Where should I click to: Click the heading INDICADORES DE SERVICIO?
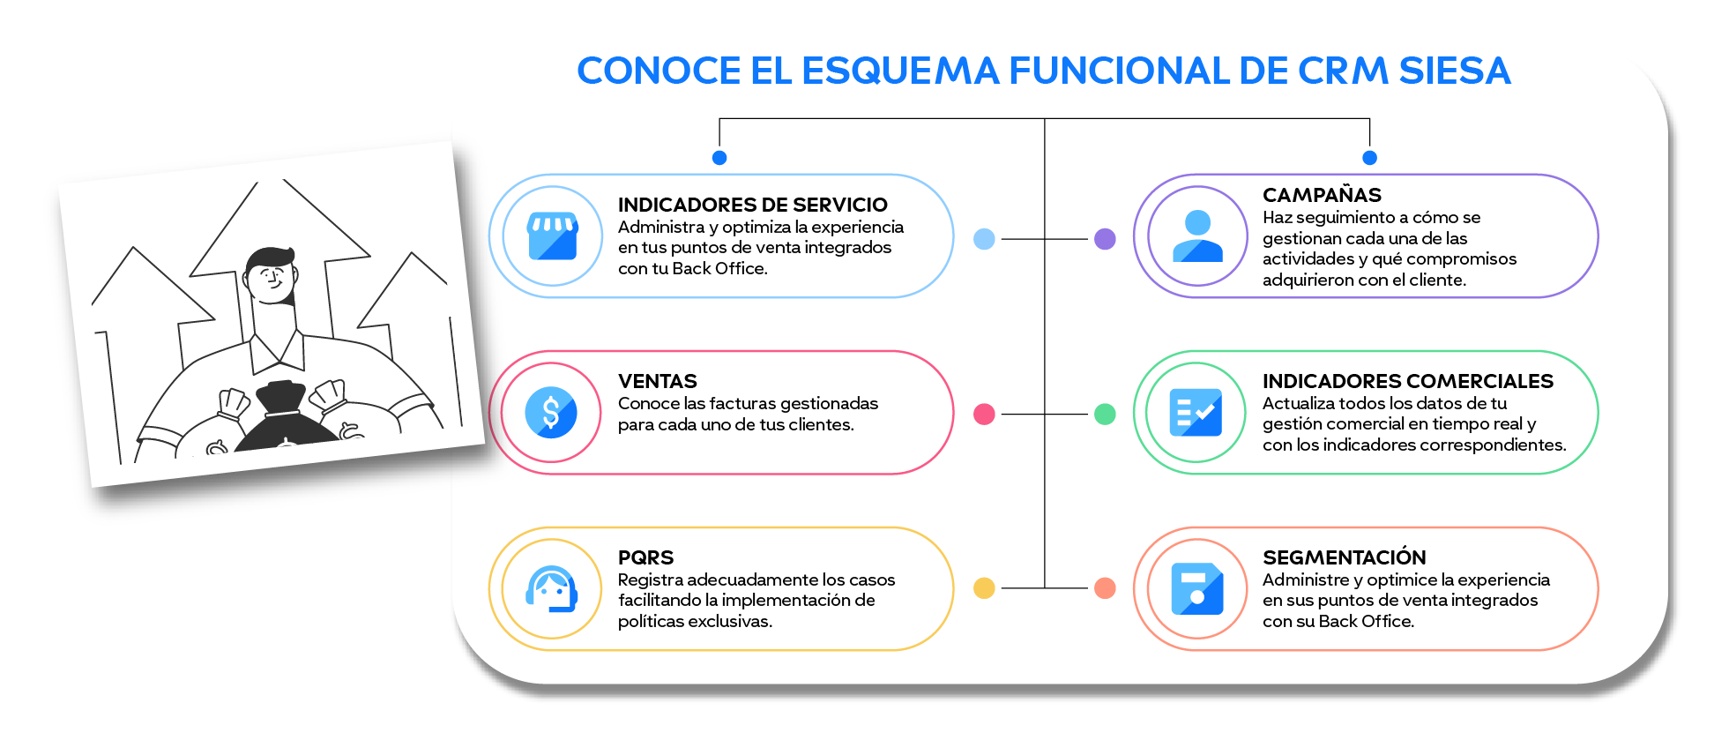click(x=752, y=205)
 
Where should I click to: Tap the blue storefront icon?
click(x=552, y=236)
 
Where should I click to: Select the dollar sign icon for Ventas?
click(x=551, y=413)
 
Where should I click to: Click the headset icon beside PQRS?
click(x=551, y=588)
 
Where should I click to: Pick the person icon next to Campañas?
click(x=1197, y=236)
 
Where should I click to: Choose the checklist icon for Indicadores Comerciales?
click(x=1196, y=413)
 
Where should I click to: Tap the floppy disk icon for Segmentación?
click(x=1196, y=588)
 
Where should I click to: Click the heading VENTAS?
click(x=657, y=381)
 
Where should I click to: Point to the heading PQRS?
click(x=645, y=557)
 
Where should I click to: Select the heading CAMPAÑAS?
click(x=1322, y=195)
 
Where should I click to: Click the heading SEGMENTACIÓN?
click(x=1344, y=557)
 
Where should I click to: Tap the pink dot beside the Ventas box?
click(x=984, y=414)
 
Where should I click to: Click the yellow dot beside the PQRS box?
click(x=984, y=588)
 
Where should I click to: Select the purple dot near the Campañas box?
click(x=1105, y=239)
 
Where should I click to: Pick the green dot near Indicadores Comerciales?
click(x=1105, y=414)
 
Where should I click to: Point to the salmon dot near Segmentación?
click(x=1105, y=588)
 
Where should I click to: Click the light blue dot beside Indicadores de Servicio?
click(x=984, y=239)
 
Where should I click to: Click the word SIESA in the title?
click(x=1455, y=71)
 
